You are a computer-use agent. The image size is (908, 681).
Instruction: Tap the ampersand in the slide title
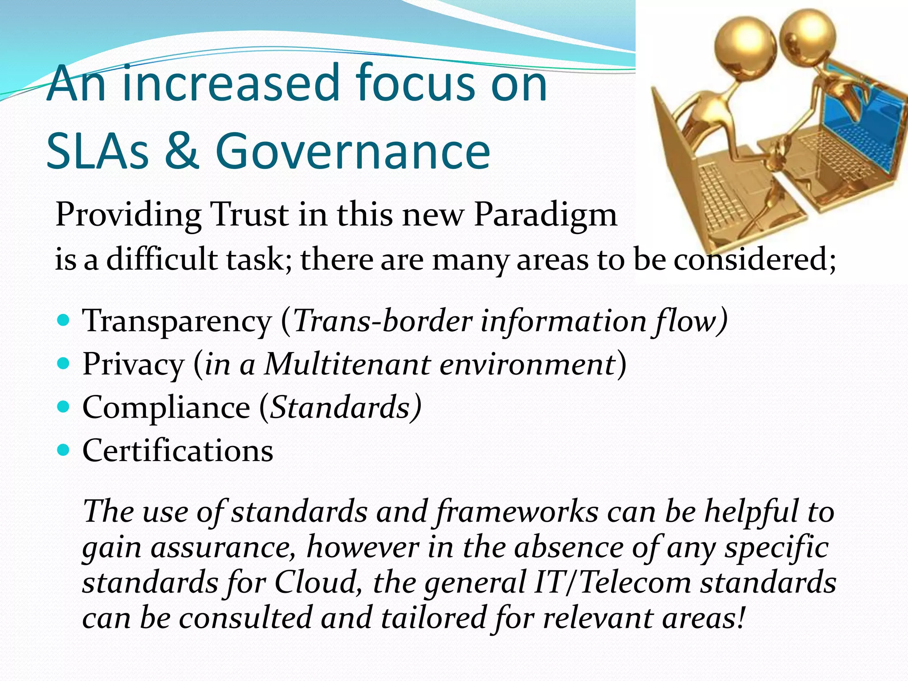click(182, 151)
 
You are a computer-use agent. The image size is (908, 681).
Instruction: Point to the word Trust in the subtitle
click(249, 215)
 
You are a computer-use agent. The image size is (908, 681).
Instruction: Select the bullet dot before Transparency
click(64, 320)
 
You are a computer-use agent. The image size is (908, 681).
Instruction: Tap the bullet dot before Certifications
click(64, 450)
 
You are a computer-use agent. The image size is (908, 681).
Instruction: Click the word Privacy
click(133, 364)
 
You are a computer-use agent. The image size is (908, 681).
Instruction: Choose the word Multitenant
click(347, 364)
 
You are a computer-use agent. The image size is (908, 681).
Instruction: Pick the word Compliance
click(166, 407)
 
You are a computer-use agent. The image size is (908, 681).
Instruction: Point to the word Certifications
click(178, 450)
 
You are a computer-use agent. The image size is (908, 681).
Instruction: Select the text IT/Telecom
click(612, 583)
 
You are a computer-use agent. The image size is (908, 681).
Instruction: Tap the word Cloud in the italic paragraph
click(316, 583)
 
